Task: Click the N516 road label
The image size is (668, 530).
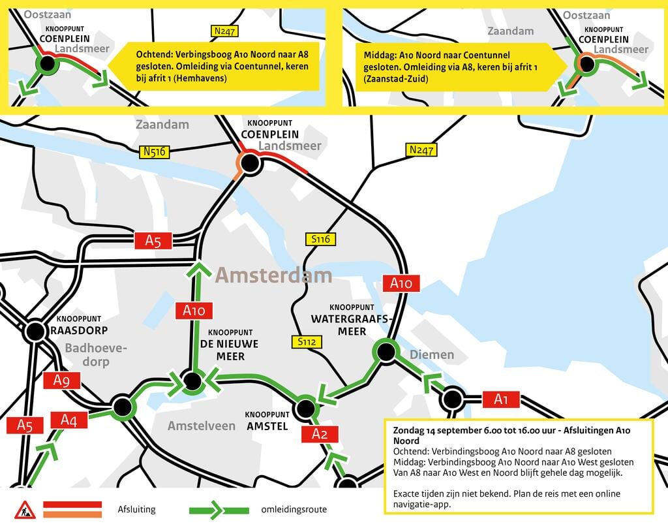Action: click(x=154, y=152)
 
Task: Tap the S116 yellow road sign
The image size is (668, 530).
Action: click(x=320, y=239)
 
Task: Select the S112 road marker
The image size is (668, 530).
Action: click(x=307, y=341)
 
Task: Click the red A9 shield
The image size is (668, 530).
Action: click(x=62, y=381)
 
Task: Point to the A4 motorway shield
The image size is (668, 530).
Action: click(x=68, y=420)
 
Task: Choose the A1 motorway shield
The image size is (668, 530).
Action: click(x=500, y=399)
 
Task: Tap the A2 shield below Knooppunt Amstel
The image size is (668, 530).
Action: click(x=320, y=434)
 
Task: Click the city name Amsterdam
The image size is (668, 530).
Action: click(x=273, y=275)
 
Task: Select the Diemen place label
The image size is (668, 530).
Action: click(x=432, y=355)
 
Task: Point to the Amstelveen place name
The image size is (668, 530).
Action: click(x=202, y=426)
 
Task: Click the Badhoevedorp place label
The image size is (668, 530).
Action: click(x=96, y=355)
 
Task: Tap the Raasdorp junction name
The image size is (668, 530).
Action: click(x=79, y=330)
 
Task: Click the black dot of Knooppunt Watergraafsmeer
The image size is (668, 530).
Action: click(x=386, y=352)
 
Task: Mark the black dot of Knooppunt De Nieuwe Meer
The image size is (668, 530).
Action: click(x=192, y=381)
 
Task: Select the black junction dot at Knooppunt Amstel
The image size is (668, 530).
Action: click(x=305, y=408)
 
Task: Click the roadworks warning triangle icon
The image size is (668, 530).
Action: click(x=25, y=510)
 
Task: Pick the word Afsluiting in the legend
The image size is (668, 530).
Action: click(x=137, y=509)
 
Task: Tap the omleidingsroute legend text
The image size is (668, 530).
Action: click(x=294, y=509)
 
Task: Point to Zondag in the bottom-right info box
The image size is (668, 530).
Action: click(x=408, y=431)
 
